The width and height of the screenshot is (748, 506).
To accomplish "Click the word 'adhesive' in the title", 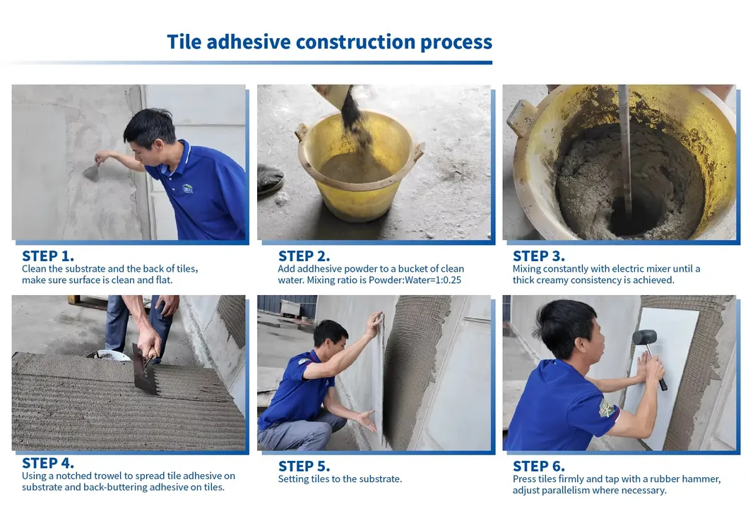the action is tap(248, 42).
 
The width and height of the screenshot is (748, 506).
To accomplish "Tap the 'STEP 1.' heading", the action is tap(48, 256).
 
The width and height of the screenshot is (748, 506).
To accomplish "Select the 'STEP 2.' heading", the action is tap(304, 256).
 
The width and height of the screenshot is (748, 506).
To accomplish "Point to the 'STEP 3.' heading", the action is tap(539, 256).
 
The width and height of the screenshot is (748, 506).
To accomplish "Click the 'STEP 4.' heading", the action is tap(48, 463).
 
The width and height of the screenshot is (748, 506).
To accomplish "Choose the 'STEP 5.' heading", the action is tap(304, 466).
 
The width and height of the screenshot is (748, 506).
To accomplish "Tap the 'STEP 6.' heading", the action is tap(539, 466).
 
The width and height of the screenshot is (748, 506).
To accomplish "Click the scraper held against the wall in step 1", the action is tap(92, 172).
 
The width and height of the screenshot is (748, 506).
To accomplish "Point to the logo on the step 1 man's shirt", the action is tap(188, 189).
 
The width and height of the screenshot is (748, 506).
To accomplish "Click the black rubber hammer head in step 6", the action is tap(644, 337).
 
